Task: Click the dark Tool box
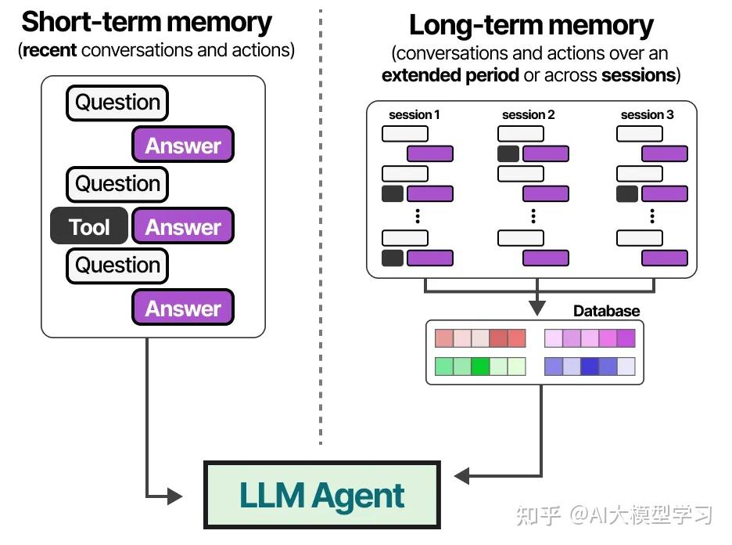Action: click(88, 227)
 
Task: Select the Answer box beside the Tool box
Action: click(183, 227)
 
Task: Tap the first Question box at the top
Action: click(117, 103)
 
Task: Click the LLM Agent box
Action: click(321, 496)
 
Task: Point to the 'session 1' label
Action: click(414, 115)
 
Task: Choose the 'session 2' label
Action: click(529, 115)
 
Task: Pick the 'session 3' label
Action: click(647, 115)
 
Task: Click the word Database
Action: click(606, 311)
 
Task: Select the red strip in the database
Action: click(480, 338)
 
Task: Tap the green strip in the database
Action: click(480, 366)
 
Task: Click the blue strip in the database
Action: click(590, 366)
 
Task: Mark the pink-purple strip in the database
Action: click(590, 338)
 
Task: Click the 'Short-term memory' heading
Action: click(147, 22)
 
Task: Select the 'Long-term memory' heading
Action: click(531, 26)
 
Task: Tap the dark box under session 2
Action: click(508, 153)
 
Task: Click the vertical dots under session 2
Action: click(533, 215)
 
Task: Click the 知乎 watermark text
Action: click(540, 516)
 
